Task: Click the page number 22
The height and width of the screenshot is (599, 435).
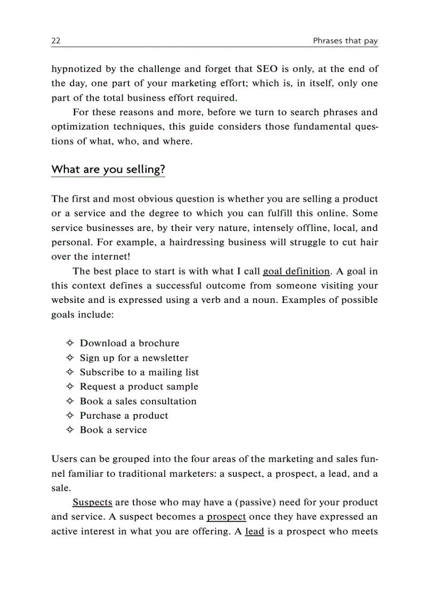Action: [x=55, y=41]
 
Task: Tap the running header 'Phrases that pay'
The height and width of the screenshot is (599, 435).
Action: [x=345, y=41]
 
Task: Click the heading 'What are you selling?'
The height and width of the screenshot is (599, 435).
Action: [x=108, y=170]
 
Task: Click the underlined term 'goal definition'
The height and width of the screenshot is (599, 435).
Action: [x=296, y=271]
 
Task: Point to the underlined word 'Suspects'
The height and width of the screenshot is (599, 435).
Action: [x=92, y=502]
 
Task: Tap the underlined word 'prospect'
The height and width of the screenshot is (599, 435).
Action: [x=226, y=517]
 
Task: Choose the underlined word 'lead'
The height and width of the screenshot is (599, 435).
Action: [x=254, y=531]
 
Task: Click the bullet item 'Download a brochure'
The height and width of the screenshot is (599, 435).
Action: [x=130, y=344]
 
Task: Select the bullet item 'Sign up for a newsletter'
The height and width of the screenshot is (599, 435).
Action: [x=134, y=358]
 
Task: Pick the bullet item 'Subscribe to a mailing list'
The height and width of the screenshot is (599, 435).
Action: [x=139, y=372]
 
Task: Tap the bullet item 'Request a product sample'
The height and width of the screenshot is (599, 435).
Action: [x=139, y=387]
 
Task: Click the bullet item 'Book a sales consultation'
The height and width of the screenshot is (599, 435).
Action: [x=138, y=401]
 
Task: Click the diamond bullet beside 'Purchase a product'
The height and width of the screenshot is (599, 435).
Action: [x=69, y=416]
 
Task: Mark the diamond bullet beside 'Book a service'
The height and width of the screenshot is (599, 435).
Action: [x=69, y=430]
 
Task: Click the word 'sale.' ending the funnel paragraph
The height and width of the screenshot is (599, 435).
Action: [x=61, y=488]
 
